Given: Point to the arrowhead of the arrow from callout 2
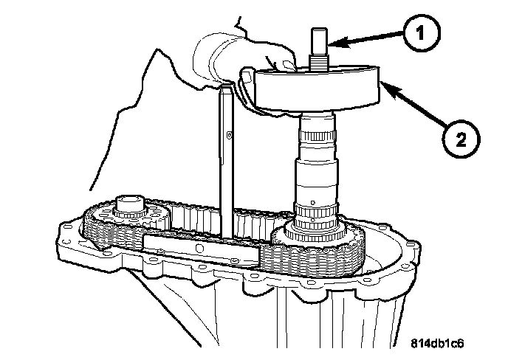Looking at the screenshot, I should click(x=382, y=86).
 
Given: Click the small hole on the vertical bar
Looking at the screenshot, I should click(x=230, y=134).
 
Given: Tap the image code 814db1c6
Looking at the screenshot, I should click(x=443, y=343).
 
